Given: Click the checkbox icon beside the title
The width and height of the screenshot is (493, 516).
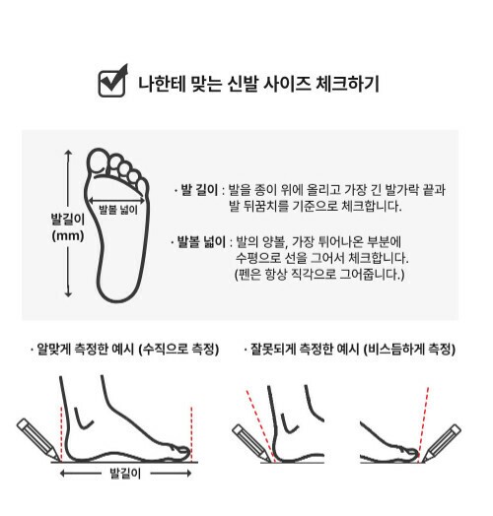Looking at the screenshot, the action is [112, 82].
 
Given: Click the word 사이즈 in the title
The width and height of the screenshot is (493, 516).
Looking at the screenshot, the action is [287, 84].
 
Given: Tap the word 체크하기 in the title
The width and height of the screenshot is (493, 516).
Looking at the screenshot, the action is [348, 84].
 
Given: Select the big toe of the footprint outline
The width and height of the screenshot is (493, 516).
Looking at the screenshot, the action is [98, 161].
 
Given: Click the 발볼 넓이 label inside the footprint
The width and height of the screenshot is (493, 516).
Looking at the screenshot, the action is [118, 210].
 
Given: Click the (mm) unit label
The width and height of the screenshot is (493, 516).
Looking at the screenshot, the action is [68, 235].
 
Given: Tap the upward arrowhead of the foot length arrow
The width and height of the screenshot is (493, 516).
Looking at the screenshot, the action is [68, 153].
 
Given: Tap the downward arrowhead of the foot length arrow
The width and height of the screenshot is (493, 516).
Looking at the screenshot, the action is [68, 293].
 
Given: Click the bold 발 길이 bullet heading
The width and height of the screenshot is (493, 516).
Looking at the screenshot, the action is [199, 190].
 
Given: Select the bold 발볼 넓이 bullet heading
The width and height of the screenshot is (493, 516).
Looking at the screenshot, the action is [202, 242].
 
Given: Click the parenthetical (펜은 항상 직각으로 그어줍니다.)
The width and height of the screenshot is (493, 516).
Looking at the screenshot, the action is [319, 274].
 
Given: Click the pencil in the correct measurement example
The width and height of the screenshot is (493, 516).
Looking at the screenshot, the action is [38, 439].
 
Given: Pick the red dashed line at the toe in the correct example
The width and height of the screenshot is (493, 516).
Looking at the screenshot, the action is [191, 434].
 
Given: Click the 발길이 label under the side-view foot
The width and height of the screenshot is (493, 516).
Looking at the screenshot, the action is [125, 474].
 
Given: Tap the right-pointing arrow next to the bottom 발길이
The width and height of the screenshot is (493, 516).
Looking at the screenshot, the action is [171, 474].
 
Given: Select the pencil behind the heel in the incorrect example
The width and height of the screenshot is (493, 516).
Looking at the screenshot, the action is [252, 443].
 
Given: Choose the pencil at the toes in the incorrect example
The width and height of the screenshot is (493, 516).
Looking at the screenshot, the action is [442, 443].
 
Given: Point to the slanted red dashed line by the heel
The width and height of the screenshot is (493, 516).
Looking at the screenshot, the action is [260, 426].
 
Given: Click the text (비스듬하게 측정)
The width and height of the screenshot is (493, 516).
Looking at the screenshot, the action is [409, 350].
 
